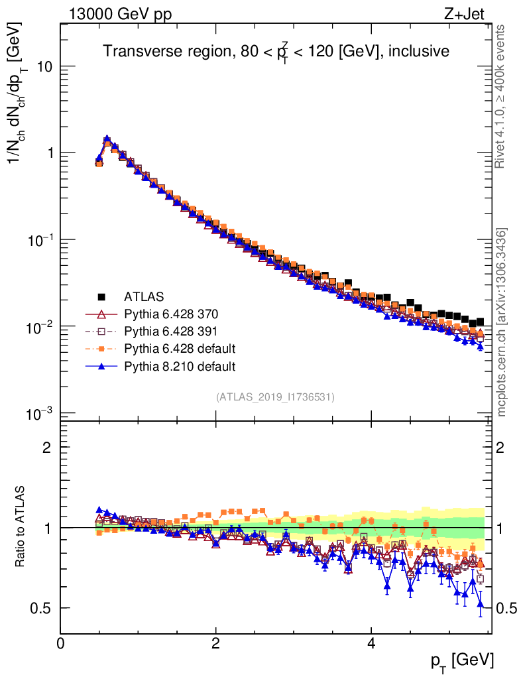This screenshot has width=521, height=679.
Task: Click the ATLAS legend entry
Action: (144, 296)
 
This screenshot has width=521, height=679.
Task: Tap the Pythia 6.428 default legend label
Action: (180, 348)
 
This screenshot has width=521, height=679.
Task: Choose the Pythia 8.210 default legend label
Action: (180, 365)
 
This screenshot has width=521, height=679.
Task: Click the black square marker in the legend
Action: (101, 296)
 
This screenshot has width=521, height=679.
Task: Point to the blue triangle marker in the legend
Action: (101, 365)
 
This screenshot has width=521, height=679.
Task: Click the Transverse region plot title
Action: (276, 51)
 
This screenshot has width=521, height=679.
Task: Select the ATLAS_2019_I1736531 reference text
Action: (275, 397)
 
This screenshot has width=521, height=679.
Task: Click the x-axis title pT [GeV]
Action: (463, 660)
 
